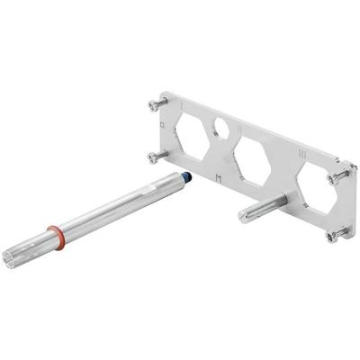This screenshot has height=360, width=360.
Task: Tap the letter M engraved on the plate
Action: pos(218,176)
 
